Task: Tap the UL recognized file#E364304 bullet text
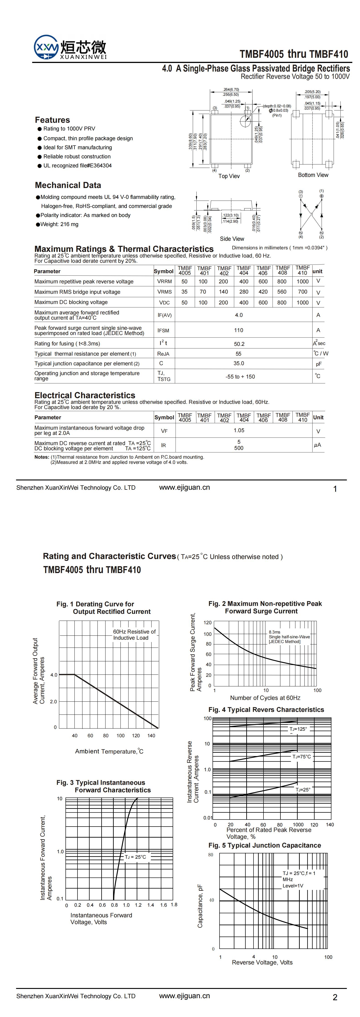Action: tap(77, 166)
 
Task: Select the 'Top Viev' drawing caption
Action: tap(229, 176)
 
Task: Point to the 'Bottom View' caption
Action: tap(313, 175)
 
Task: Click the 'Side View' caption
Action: tap(232, 239)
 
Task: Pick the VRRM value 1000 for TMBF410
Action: tap(302, 282)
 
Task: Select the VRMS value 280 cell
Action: tap(244, 292)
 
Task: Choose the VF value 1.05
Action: tap(239, 430)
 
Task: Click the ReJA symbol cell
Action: tap(163, 354)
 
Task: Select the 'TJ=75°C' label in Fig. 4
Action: tap(302, 757)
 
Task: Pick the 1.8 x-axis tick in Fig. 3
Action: tap(174, 904)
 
